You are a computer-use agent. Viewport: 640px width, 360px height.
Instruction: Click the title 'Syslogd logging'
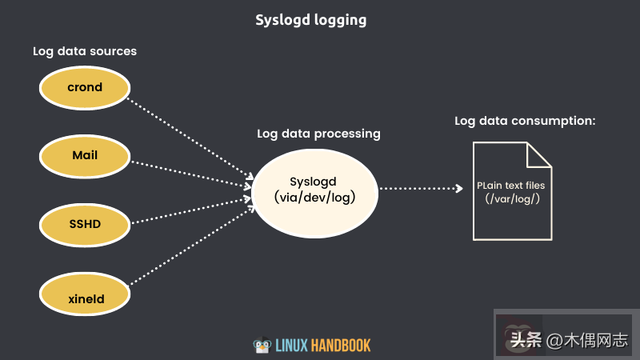310,20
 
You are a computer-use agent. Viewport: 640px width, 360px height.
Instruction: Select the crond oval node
85,87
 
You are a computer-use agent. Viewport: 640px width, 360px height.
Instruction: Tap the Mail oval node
85,155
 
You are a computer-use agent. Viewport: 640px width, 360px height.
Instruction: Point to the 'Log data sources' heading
85,51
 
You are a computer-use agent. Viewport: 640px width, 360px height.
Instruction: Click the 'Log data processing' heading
318,134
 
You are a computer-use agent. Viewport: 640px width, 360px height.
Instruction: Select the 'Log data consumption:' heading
526,121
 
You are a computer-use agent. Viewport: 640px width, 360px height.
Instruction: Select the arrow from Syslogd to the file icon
420,189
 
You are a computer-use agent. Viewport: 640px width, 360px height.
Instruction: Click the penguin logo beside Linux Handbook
261,346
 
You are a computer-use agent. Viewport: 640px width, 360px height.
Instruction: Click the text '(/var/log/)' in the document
512,198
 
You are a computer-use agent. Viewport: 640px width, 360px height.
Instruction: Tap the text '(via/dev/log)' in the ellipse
314,197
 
